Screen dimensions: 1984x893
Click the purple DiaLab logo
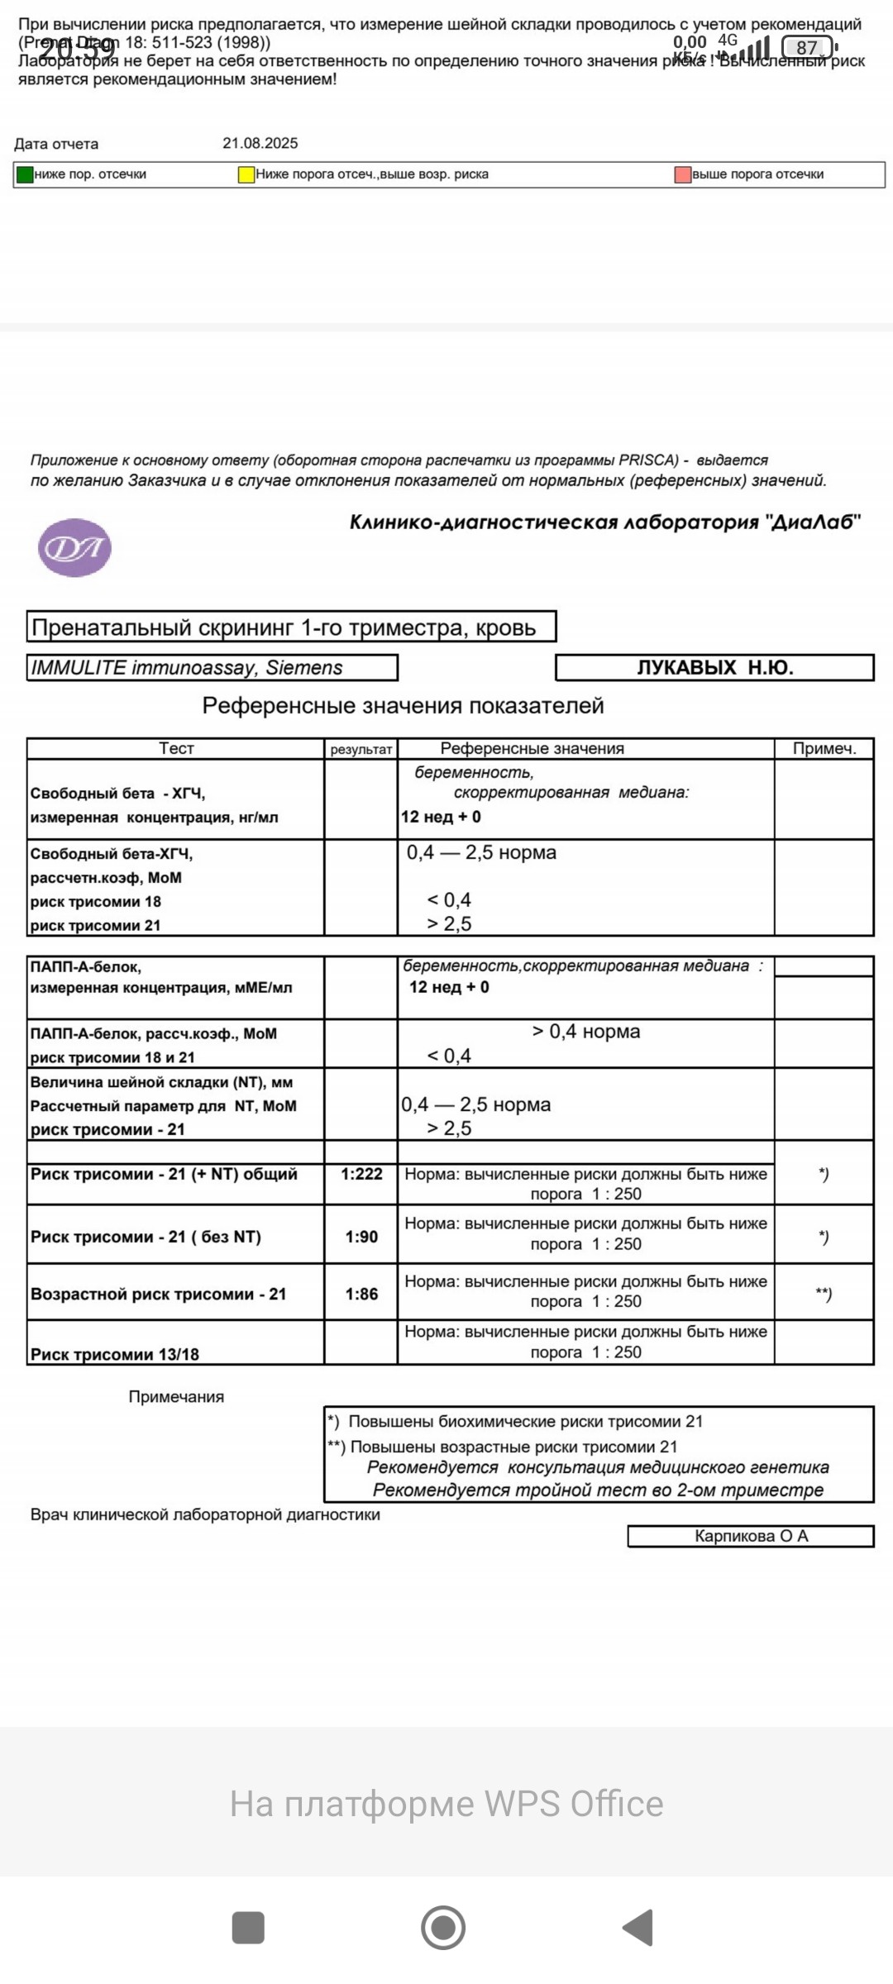pyautogui.click(x=74, y=547)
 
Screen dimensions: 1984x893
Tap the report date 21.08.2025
pyautogui.click(x=260, y=143)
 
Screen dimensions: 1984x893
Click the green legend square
pyautogui.click(x=25, y=174)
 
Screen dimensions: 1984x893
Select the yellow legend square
pyautogui.click(x=246, y=174)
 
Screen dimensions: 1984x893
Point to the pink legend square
pyautogui.click(x=683, y=174)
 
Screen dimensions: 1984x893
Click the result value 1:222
pyautogui.click(x=361, y=1174)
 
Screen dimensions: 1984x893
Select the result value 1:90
pyautogui.click(x=361, y=1237)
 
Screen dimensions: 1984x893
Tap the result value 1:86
pyautogui.click(x=361, y=1294)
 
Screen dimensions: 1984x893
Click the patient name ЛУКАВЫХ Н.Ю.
pyautogui.click(x=714, y=668)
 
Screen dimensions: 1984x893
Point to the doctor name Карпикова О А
pyautogui.click(x=751, y=1536)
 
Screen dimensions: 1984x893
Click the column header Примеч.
pyautogui.click(x=824, y=749)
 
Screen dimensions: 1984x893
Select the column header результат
pyautogui.click(x=361, y=750)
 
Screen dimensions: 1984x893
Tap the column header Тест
pyautogui.click(x=176, y=748)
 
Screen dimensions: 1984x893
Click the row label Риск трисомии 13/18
pyautogui.click(x=115, y=1354)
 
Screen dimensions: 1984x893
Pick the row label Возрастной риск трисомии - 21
pyautogui.click(x=158, y=1294)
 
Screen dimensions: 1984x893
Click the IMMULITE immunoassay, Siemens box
pyautogui.click(x=213, y=668)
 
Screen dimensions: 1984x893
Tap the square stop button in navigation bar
pyautogui.click(x=248, y=1928)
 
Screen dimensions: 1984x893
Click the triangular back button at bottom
pyautogui.click(x=639, y=1928)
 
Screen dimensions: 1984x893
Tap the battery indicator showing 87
pyautogui.click(x=809, y=48)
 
